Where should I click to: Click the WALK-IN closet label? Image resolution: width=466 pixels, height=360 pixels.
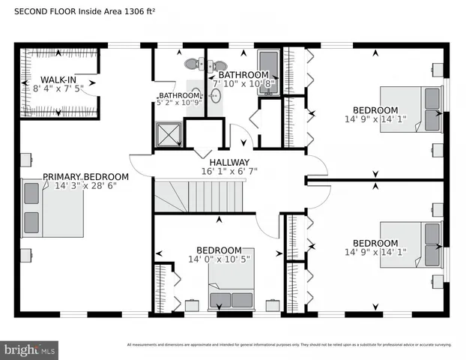point(58,79)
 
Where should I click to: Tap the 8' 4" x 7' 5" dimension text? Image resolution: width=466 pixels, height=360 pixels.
point(58,88)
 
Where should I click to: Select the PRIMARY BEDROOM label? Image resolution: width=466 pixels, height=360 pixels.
point(85,177)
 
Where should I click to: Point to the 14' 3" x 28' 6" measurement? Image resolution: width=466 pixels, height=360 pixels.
point(85,187)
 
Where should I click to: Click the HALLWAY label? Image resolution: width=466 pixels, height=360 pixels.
point(229,162)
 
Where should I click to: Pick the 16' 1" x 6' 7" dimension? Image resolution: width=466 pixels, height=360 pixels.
point(229,172)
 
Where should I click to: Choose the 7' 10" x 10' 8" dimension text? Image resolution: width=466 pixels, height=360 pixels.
point(244,84)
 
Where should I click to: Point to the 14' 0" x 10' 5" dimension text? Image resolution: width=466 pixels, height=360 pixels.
point(219,259)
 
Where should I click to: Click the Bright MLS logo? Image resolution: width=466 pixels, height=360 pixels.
point(30,349)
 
